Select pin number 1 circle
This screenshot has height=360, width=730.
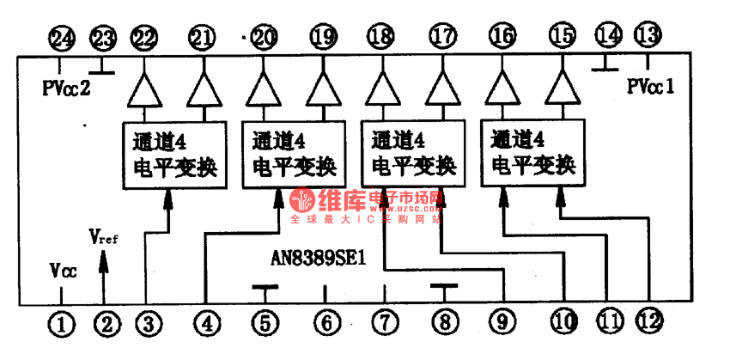pos(62,323)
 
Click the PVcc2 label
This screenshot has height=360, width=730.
pos(66,88)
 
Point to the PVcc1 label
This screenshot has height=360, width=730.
pos(650,86)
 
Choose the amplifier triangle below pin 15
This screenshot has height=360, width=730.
pos(562,86)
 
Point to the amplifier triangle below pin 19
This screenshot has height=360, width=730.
pos(322,87)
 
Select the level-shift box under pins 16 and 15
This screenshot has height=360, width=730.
pos(532,149)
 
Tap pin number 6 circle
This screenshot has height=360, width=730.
pos(324,323)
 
